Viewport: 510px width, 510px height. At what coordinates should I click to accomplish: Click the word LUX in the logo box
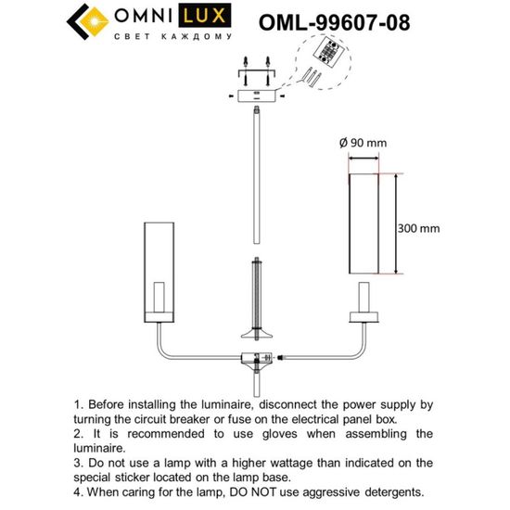tap(198, 16)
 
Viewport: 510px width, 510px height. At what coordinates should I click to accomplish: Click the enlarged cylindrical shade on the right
tap(365, 224)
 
